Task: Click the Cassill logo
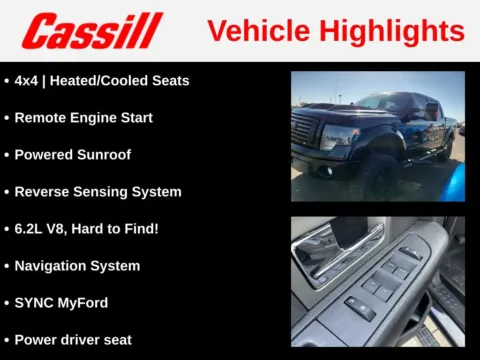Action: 92,30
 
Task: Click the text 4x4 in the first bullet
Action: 28,80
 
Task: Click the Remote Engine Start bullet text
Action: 84,117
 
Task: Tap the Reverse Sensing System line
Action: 98,191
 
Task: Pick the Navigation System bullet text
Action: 77,265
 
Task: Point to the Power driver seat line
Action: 73,339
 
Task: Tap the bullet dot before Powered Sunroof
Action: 7,155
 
